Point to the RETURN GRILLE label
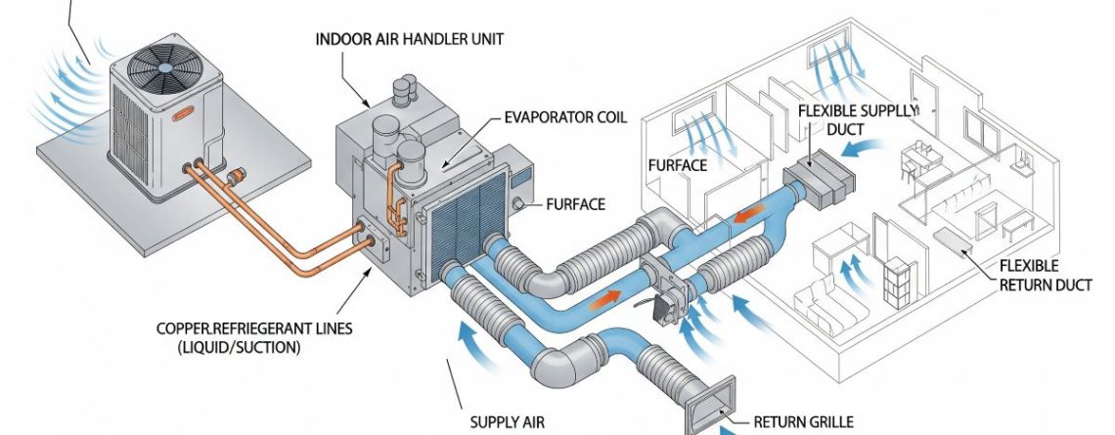click(x=803, y=422)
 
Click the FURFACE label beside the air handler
click(x=576, y=205)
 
